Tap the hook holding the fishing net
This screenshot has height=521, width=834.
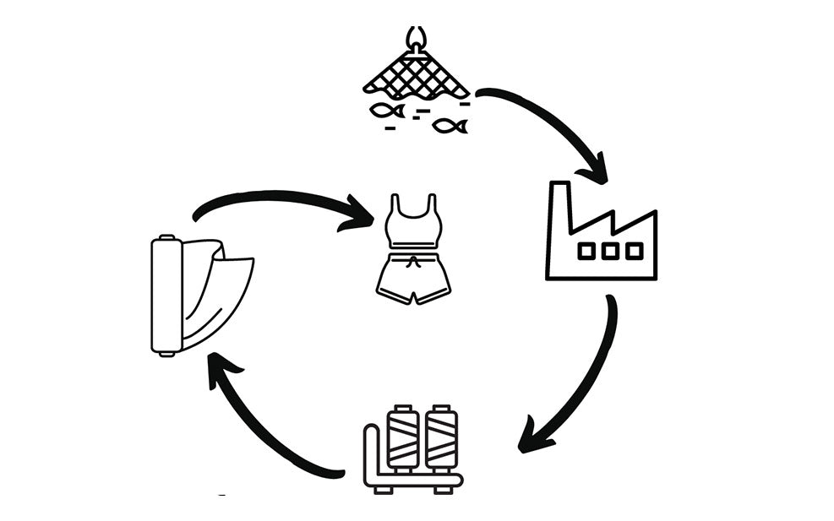pos(415,38)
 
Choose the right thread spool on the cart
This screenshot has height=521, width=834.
pos(440,437)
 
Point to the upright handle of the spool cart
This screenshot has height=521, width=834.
pos(370,452)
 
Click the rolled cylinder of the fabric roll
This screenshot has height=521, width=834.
pos(166,296)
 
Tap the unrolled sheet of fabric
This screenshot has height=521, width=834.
pos(221,291)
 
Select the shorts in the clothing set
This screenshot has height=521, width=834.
pos(413,277)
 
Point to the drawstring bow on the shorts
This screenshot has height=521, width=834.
pos(413,263)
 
